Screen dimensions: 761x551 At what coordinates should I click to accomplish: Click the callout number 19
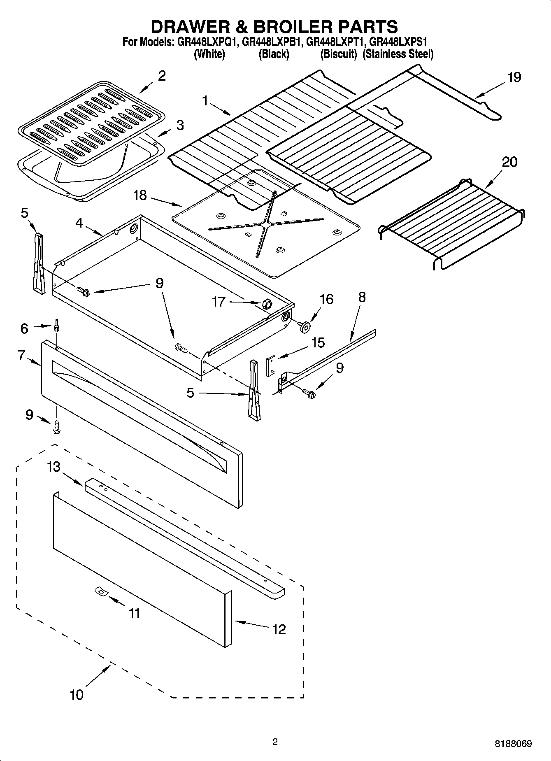(x=514, y=77)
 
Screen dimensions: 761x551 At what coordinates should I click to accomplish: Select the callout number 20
(x=509, y=162)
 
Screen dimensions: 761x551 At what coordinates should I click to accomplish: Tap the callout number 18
(x=140, y=195)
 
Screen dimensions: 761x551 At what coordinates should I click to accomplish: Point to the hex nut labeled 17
(x=265, y=305)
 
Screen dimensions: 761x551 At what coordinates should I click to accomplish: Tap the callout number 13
(x=53, y=467)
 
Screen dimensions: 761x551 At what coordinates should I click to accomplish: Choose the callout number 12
(x=279, y=629)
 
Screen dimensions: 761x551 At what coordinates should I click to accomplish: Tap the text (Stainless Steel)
(x=398, y=54)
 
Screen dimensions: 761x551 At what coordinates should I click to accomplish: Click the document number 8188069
(x=513, y=744)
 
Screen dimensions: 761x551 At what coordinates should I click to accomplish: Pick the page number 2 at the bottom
(x=275, y=742)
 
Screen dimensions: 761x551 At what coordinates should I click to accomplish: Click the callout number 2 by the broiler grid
(x=162, y=76)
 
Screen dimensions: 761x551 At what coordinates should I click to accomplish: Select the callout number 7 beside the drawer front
(x=21, y=355)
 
